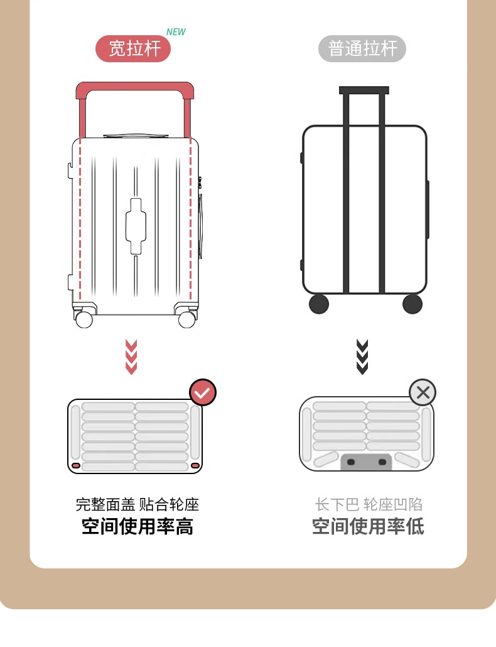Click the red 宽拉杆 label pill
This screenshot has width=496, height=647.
tap(133, 48)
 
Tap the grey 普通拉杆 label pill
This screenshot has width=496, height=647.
tap(362, 48)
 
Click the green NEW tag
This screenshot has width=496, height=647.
tap(176, 32)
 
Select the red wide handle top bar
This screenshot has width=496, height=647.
tap(134, 89)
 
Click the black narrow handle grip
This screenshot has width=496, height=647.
tap(364, 90)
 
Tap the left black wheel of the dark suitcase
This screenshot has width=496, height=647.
tap(319, 304)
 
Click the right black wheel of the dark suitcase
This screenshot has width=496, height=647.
tap(412, 304)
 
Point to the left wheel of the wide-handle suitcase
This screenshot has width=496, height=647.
tap(84, 319)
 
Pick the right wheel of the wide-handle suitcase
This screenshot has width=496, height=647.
tap(186, 319)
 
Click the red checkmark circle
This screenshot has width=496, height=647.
tap(203, 392)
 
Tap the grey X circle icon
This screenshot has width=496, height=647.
tap(423, 393)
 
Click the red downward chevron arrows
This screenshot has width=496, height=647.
tap(131, 357)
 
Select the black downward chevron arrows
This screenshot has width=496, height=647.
tap(362, 357)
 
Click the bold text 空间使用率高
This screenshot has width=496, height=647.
tap(137, 526)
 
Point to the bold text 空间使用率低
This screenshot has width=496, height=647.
tap(368, 526)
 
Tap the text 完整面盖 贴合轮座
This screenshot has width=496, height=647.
tap(137, 504)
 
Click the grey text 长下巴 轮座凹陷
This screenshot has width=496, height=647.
tap(369, 504)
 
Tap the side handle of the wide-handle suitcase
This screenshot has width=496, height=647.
tap(200, 226)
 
